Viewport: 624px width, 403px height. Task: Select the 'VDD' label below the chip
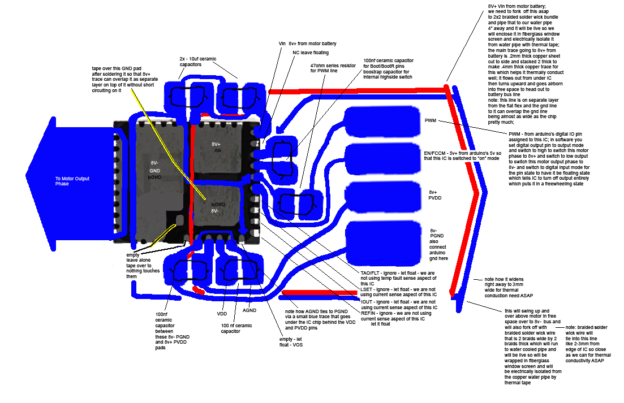tap(222, 313)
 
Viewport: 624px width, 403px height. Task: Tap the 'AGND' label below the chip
tap(250, 310)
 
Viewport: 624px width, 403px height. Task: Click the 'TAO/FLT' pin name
tap(371, 274)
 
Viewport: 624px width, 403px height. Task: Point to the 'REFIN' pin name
tap(369, 313)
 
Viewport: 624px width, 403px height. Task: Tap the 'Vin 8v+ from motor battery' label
tap(307, 43)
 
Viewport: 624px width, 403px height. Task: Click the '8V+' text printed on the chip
tap(216, 144)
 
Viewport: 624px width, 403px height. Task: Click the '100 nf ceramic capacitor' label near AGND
tap(236, 328)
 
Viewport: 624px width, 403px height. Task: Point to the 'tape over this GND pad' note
tap(121, 79)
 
